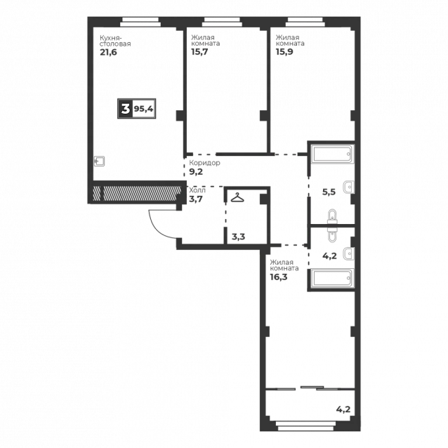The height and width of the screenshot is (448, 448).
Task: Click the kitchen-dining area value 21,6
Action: (x=108, y=52)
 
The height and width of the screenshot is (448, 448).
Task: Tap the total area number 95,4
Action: (x=144, y=109)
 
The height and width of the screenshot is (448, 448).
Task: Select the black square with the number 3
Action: (x=126, y=109)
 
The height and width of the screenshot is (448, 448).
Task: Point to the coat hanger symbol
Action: (x=237, y=197)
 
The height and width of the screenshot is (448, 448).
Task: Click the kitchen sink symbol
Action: (x=100, y=161)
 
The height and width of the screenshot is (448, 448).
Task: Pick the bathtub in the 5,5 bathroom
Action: (x=332, y=154)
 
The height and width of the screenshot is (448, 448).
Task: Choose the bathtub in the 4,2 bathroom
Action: (x=332, y=277)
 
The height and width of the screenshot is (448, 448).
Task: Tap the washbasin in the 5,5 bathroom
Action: (x=349, y=187)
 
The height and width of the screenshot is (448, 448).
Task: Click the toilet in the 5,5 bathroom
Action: (x=332, y=217)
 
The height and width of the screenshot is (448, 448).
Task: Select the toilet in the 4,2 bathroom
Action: (x=332, y=235)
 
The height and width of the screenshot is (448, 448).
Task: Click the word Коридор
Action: (x=204, y=163)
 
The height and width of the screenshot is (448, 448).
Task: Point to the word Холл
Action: (x=197, y=190)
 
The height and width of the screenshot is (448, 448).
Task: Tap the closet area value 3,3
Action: (x=238, y=237)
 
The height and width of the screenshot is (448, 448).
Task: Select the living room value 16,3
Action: (x=279, y=277)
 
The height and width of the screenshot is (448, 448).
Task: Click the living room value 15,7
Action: (x=199, y=52)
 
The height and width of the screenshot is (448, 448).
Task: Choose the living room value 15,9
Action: (x=284, y=52)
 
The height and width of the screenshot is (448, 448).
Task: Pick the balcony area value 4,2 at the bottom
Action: (x=343, y=409)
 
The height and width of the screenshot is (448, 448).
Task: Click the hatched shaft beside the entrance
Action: (x=138, y=193)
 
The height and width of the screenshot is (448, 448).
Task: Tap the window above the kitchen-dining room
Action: (x=140, y=22)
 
